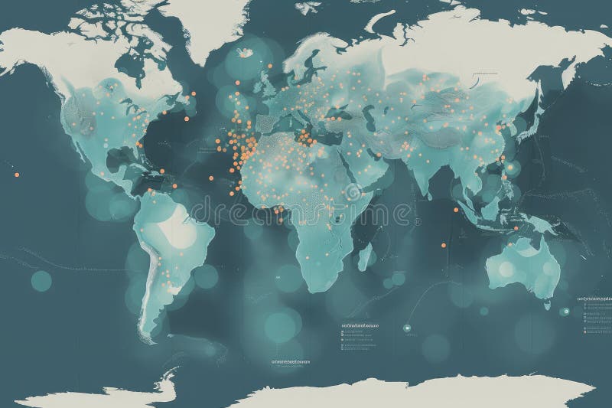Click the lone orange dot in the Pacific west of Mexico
(x=16, y=175)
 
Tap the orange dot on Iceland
(x=246, y=52)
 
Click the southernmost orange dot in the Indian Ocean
(x=441, y=246)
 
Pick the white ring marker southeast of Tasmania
(x=566, y=311)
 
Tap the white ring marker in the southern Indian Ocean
(x=406, y=328)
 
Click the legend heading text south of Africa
(x=360, y=325)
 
